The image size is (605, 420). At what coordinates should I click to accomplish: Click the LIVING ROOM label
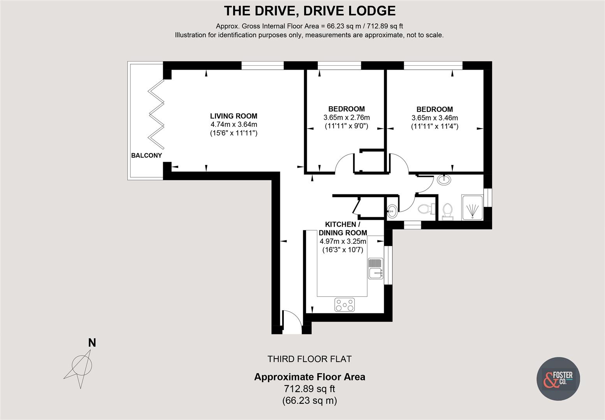click(234, 116)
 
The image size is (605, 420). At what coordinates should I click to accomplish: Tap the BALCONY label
click(146, 156)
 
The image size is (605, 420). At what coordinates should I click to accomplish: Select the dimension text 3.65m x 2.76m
click(346, 117)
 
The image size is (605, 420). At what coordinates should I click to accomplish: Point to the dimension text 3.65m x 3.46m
click(434, 118)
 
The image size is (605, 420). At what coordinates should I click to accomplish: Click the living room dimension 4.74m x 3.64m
click(234, 124)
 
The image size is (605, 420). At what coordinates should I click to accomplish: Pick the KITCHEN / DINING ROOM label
click(343, 229)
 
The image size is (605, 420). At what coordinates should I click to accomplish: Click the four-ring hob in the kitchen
click(345, 304)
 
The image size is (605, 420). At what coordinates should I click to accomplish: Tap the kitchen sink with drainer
click(376, 268)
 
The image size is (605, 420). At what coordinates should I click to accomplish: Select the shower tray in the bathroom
click(472, 208)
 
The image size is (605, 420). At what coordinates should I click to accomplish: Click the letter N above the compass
click(92, 343)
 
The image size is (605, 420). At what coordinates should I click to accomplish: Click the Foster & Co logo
click(558, 379)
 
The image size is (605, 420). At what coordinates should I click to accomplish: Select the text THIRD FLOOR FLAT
click(309, 359)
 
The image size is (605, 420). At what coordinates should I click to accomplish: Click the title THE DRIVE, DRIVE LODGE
click(310, 10)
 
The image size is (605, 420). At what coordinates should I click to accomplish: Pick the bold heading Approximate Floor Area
click(310, 377)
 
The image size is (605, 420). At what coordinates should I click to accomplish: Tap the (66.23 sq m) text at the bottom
click(310, 401)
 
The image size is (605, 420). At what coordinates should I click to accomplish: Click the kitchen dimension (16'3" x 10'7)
click(343, 250)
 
